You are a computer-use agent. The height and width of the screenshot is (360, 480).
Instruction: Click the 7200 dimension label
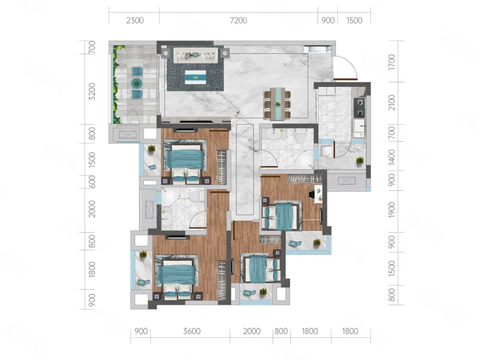[x=238, y=20]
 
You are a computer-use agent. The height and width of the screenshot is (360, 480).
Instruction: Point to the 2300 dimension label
[x=134, y=20]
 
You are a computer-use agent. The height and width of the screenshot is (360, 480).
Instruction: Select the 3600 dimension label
[x=192, y=331]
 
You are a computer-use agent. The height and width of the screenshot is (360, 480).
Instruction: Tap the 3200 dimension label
[x=92, y=92]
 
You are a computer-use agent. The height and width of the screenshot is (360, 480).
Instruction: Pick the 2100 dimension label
[x=392, y=103]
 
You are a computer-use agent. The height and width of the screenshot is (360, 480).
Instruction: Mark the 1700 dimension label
[x=392, y=62]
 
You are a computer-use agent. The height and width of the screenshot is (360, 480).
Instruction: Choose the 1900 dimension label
[x=392, y=210]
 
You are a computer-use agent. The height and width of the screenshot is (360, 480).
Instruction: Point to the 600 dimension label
[x=92, y=182]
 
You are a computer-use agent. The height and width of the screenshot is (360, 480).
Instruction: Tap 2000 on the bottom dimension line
[x=251, y=331]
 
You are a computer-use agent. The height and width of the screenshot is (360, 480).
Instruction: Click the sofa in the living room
[x=196, y=55]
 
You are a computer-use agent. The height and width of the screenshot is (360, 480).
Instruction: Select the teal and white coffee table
[x=196, y=77]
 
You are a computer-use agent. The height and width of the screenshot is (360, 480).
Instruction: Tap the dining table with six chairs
[x=278, y=104]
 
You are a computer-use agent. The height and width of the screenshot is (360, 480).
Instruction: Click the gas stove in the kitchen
[x=359, y=108]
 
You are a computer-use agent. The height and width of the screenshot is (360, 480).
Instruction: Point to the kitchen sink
[x=359, y=128]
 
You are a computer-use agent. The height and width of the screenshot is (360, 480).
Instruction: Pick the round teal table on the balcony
[x=137, y=83]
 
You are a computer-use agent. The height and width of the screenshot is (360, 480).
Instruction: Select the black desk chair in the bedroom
[x=312, y=194]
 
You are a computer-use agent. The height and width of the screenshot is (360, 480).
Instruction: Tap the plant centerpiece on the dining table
[x=278, y=104]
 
